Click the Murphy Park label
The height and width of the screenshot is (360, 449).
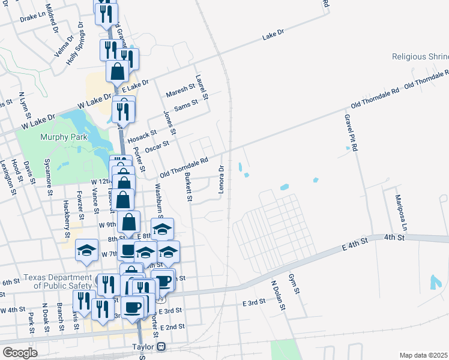(x=64, y=137)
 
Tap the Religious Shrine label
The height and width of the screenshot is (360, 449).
(x=420, y=56)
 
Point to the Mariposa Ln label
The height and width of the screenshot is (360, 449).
(x=400, y=213)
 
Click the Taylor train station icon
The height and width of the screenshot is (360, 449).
(x=161, y=347)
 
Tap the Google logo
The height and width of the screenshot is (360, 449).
(x=20, y=352)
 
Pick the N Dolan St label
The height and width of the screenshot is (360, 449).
(x=277, y=296)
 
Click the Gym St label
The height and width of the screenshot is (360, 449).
(x=295, y=286)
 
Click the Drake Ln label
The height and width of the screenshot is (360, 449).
(x=32, y=19)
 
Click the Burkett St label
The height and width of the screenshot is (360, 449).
(x=188, y=187)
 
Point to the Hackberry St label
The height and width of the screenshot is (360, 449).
(x=65, y=213)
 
